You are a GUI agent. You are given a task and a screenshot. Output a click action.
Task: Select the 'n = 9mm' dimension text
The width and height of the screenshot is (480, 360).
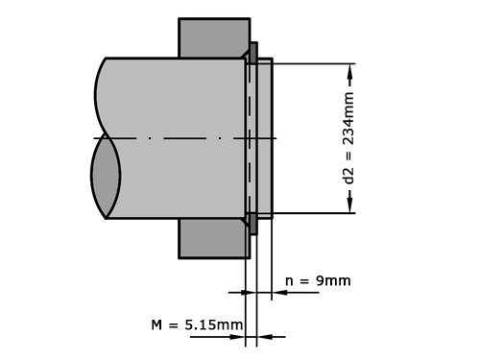pos(319,280)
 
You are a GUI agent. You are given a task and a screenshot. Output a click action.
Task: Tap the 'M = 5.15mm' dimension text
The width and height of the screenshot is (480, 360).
pos(197,324)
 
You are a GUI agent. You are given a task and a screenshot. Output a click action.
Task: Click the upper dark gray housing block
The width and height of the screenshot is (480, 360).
pos(213,38)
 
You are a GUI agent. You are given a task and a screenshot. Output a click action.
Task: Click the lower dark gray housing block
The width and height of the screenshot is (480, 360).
pos(213,240)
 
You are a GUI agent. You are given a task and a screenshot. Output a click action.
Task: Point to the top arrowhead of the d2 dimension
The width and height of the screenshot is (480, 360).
pos(351,70)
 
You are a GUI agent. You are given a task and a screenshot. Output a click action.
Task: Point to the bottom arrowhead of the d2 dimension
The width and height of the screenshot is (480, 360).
pos(351,206)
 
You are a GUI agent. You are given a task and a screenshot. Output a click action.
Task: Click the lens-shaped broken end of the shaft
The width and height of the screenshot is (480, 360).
pos(106,178)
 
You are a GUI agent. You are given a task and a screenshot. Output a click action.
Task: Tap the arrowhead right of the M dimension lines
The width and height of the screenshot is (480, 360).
pos(266,336)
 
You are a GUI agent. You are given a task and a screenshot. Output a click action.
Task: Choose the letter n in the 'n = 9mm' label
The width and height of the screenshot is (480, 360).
pos(291,281)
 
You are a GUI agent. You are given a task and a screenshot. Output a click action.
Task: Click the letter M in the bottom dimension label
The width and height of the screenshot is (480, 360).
pos(157,324)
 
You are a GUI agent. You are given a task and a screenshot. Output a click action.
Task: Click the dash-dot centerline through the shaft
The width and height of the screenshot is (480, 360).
pos(173,138)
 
